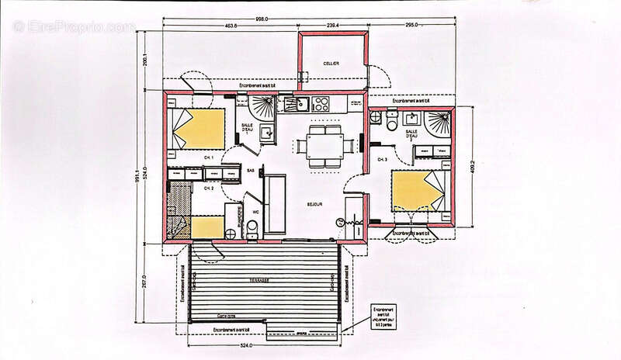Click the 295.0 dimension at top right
pos(411,26)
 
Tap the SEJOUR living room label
pos(314,204)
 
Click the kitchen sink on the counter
pos(292,102)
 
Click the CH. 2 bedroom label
pos(208,188)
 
